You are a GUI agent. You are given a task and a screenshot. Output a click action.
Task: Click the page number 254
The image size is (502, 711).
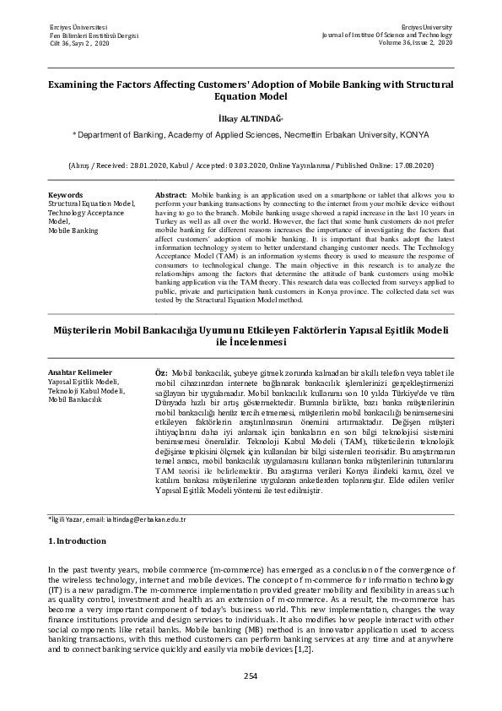(x=251, y=675)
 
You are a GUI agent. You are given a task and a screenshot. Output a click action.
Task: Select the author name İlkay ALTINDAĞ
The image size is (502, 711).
(x=249, y=120)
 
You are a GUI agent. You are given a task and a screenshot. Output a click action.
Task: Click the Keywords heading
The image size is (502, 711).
(x=65, y=195)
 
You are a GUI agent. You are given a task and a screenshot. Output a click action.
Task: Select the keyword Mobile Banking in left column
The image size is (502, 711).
(x=73, y=230)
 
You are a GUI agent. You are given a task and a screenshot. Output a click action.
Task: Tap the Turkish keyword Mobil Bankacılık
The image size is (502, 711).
(x=75, y=399)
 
